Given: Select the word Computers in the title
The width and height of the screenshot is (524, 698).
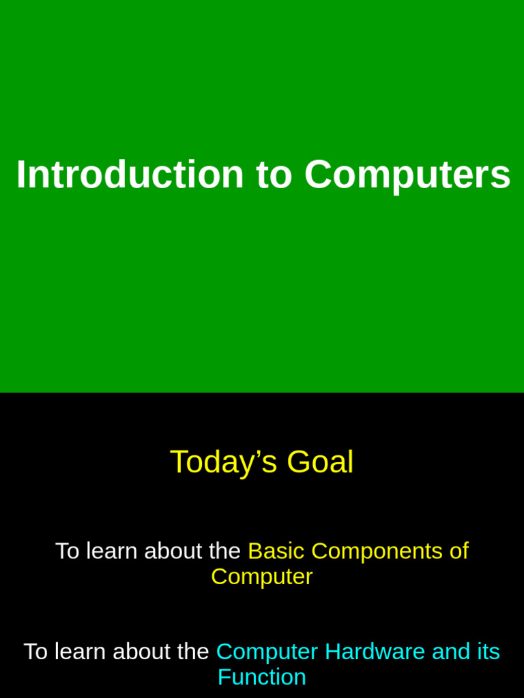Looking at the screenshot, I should (407, 174).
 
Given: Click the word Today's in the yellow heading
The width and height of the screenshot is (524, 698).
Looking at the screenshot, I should (223, 462).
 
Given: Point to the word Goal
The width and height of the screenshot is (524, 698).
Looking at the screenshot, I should (320, 462).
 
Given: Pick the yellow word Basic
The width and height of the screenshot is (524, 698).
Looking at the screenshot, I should (276, 551).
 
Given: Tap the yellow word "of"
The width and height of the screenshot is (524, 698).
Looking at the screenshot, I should (459, 551).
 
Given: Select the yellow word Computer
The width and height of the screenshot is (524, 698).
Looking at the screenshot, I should (261, 577).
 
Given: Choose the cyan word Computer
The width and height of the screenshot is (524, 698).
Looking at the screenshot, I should (267, 652).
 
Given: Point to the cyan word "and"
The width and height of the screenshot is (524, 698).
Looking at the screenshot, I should (450, 652).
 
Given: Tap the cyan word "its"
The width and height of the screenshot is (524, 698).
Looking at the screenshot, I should (489, 652).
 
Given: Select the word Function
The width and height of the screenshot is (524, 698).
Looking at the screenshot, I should (261, 677).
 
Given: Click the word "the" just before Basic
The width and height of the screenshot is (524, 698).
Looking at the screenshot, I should (224, 551).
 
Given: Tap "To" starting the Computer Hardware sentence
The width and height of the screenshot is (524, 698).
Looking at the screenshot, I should (35, 652).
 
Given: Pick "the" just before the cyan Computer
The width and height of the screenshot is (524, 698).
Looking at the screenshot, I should (193, 652).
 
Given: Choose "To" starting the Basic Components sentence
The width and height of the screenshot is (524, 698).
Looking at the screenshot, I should (67, 551).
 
